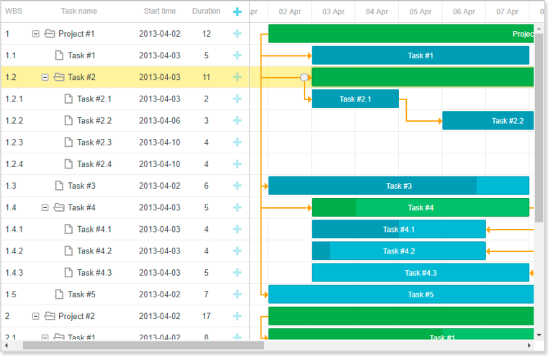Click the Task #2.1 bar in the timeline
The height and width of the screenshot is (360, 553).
355,99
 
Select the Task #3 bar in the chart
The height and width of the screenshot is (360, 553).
398,186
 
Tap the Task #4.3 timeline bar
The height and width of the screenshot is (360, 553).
421,273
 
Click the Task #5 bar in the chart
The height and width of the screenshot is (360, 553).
401,294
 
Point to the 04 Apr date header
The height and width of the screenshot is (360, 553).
377,12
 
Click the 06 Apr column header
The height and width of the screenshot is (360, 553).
464,12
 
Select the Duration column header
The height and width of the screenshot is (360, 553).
207,12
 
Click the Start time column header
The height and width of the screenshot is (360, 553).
159,12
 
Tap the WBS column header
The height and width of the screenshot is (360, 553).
14,12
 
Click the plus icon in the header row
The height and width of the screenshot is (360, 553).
238,12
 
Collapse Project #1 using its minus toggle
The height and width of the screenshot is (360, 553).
36,34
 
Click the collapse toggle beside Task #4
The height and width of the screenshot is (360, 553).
45,207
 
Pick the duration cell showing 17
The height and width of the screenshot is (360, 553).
207,316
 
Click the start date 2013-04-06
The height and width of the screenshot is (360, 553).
159,121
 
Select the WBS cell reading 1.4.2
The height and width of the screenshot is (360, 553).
14,251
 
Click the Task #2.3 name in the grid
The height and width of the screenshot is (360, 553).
94,143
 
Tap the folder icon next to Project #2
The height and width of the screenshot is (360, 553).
50,316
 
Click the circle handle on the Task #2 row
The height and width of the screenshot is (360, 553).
305,77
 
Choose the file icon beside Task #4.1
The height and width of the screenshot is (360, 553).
68,230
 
